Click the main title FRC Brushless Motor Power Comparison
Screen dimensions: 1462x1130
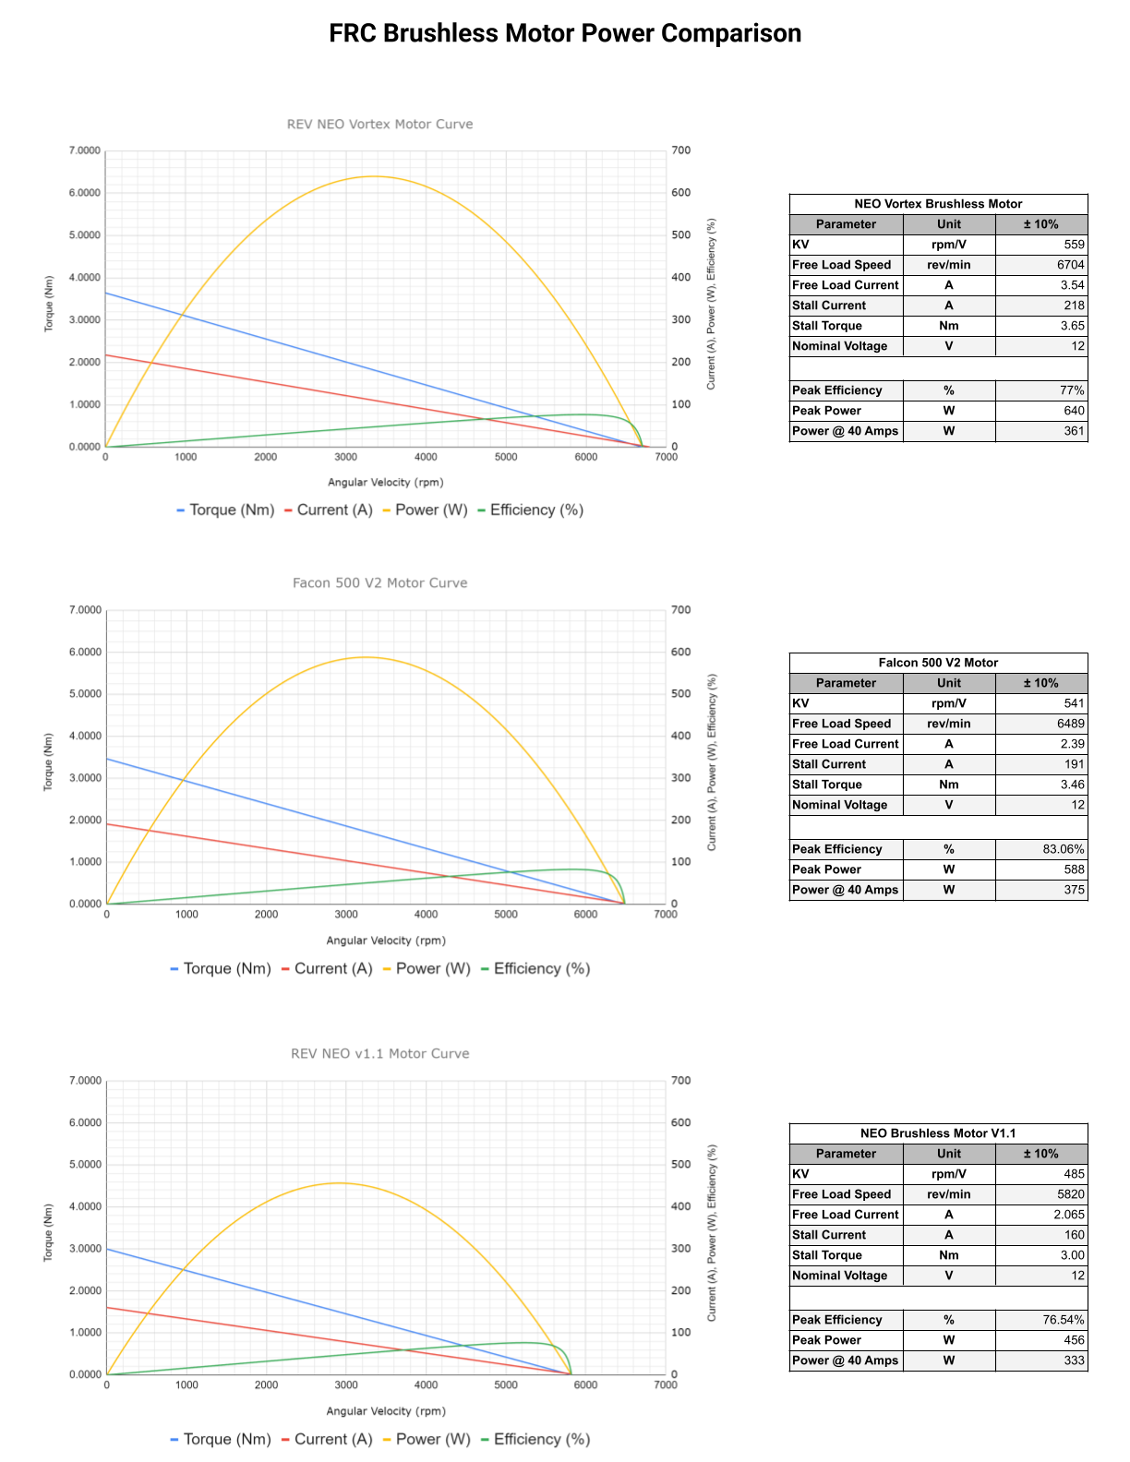pos(565,33)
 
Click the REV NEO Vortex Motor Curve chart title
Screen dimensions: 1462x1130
pos(379,124)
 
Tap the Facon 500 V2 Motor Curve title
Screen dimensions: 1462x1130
pos(379,582)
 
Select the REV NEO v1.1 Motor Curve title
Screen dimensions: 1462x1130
pos(379,1053)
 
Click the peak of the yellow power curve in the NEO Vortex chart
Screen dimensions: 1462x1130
pos(373,176)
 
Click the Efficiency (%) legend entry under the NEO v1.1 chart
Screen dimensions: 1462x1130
pos(541,1439)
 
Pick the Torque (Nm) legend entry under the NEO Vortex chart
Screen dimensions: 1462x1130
pos(231,509)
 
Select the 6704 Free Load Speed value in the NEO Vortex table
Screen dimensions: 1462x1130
pos(1070,265)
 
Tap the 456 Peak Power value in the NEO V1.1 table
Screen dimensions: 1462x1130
pos(1074,1340)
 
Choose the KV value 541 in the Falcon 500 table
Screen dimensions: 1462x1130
pos(1074,703)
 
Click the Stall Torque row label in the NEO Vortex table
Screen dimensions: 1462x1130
pos(827,326)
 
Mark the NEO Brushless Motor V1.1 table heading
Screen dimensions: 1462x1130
pos(938,1133)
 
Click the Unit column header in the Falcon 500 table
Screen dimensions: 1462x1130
pos(949,683)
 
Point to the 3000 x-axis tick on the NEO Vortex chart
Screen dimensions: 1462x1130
pos(345,457)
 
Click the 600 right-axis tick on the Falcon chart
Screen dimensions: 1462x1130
pos(680,652)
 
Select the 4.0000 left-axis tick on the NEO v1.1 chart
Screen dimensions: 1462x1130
pos(85,1206)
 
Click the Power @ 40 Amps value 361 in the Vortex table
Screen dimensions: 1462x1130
pos(1074,431)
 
